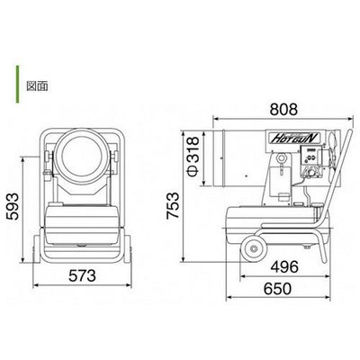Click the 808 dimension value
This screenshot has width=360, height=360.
point(283,110)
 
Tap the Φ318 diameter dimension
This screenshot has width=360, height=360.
point(193,157)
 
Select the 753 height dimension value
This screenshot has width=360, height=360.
point(173,205)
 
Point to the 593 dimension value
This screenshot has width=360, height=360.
point(13,207)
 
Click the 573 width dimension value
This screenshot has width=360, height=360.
point(82,275)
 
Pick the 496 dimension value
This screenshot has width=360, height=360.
point(284,266)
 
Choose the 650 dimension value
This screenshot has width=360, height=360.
point(277,289)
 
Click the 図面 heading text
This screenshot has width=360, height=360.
point(37,86)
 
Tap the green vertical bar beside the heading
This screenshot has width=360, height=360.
point(17,85)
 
